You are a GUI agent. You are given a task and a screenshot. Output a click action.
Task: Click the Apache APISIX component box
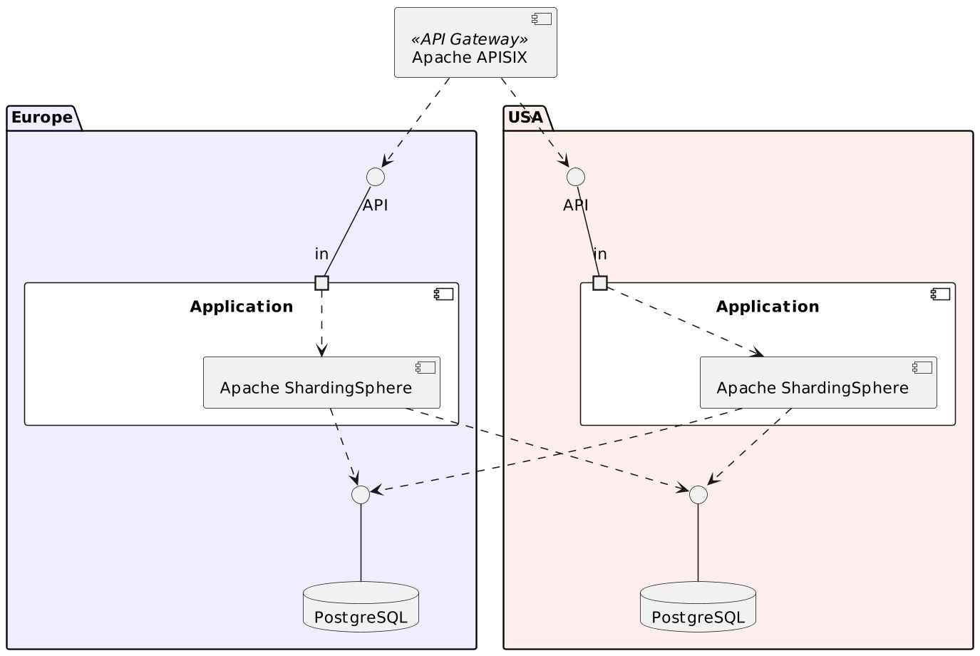click(x=475, y=43)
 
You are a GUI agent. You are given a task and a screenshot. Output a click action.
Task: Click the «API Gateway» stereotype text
click(x=470, y=39)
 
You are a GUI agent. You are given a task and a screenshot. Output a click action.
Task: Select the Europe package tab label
click(x=42, y=117)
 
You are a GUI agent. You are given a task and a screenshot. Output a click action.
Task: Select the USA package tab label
click(x=526, y=117)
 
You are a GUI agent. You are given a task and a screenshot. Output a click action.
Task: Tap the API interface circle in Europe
click(x=376, y=177)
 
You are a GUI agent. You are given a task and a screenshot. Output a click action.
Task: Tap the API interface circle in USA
click(x=575, y=176)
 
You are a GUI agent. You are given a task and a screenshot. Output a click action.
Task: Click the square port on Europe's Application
click(x=321, y=283)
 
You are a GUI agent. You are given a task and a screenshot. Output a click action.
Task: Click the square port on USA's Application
click(x=600, y=283)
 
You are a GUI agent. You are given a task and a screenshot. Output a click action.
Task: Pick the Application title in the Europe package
click(x=242, y=307)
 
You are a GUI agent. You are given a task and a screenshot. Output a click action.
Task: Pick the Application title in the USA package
click(x=768, y=307)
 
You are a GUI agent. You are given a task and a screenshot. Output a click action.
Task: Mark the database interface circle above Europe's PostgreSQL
click(x=361, y=494)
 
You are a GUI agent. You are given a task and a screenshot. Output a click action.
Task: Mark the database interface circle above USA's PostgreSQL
click(x=698, y=494)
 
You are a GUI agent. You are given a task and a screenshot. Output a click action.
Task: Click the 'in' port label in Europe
click(x=321, y=254)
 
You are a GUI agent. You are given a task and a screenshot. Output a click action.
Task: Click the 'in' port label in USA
click(x=600, y=254)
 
